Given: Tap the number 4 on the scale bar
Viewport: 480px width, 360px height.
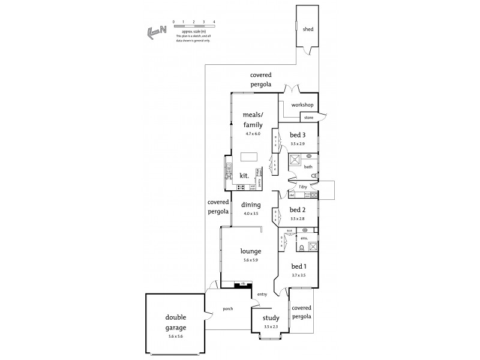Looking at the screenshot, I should click(214, 22).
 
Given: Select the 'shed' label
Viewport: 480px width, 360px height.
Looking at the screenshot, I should click(307, 29).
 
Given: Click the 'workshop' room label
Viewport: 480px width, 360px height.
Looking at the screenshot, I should click(302, 105).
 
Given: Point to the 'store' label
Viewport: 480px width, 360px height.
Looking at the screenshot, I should click(308, 118).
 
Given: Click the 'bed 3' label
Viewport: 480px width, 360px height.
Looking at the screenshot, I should click(298, 135).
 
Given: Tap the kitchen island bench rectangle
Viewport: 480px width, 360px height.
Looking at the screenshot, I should click(248, 157).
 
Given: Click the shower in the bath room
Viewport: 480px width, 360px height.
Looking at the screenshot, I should click(296, 160).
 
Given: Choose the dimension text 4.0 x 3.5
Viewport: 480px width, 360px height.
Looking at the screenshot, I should click(250, 213).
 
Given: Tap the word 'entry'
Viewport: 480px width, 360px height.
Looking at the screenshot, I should click(262, 294).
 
